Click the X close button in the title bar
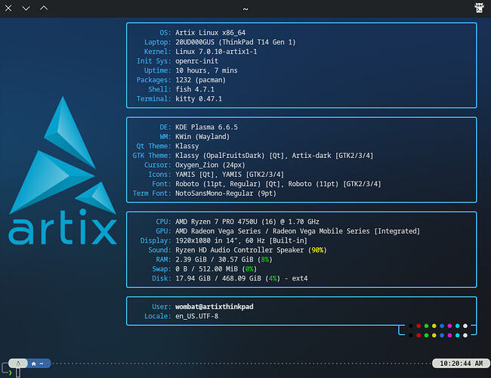[8, 8]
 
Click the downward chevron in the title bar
[26, 8]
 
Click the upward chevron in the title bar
[44, 8]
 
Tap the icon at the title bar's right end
[479, 8]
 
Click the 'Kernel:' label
[158, 51]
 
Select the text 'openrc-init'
[196, 60]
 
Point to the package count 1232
[184, 80]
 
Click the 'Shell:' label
[159, 89]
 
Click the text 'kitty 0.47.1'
[199, 99]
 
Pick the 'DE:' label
[165, 127]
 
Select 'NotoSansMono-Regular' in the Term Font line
[215, 194]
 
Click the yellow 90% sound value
[317, 250]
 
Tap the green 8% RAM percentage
[265, 259]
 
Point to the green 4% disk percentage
[273, 278]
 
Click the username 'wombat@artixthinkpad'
[215, 306]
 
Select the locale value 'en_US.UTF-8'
[196, 316]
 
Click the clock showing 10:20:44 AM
[461, 364]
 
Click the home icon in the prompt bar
[34, 364]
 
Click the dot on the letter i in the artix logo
[82, 212]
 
